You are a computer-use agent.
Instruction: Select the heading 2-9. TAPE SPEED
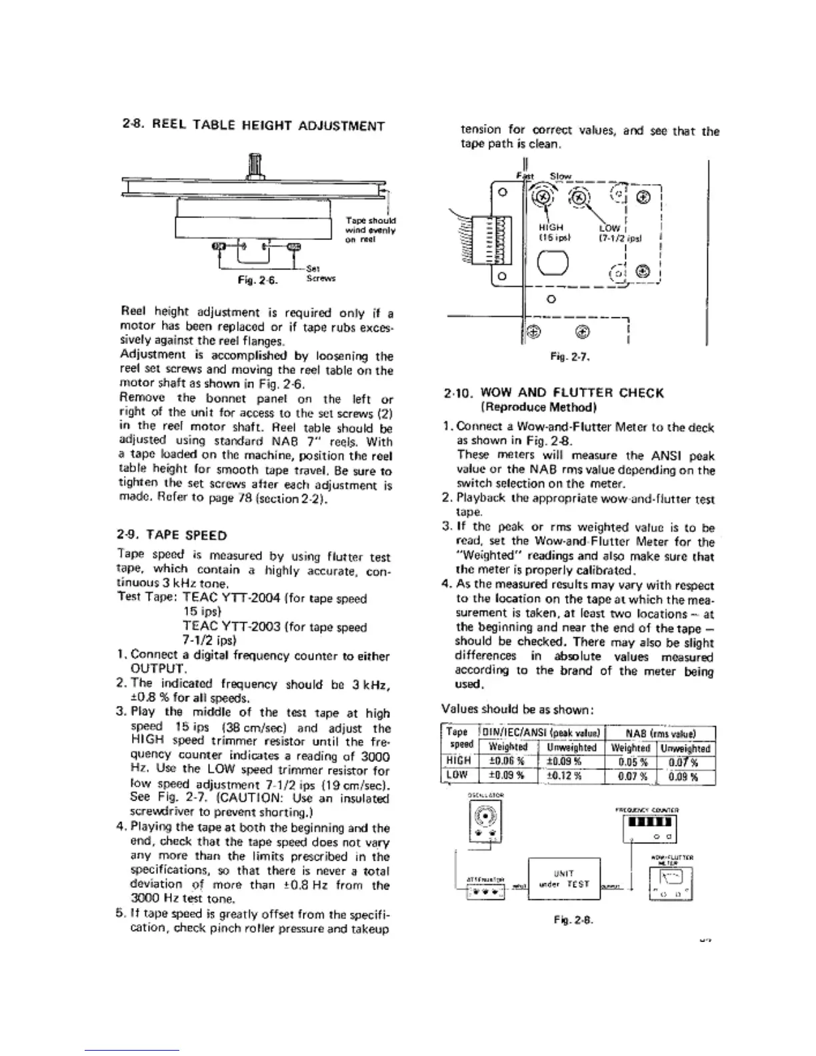172,535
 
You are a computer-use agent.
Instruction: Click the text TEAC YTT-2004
224,599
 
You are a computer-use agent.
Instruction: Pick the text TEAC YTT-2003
224,627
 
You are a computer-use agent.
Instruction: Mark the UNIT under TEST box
564,879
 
